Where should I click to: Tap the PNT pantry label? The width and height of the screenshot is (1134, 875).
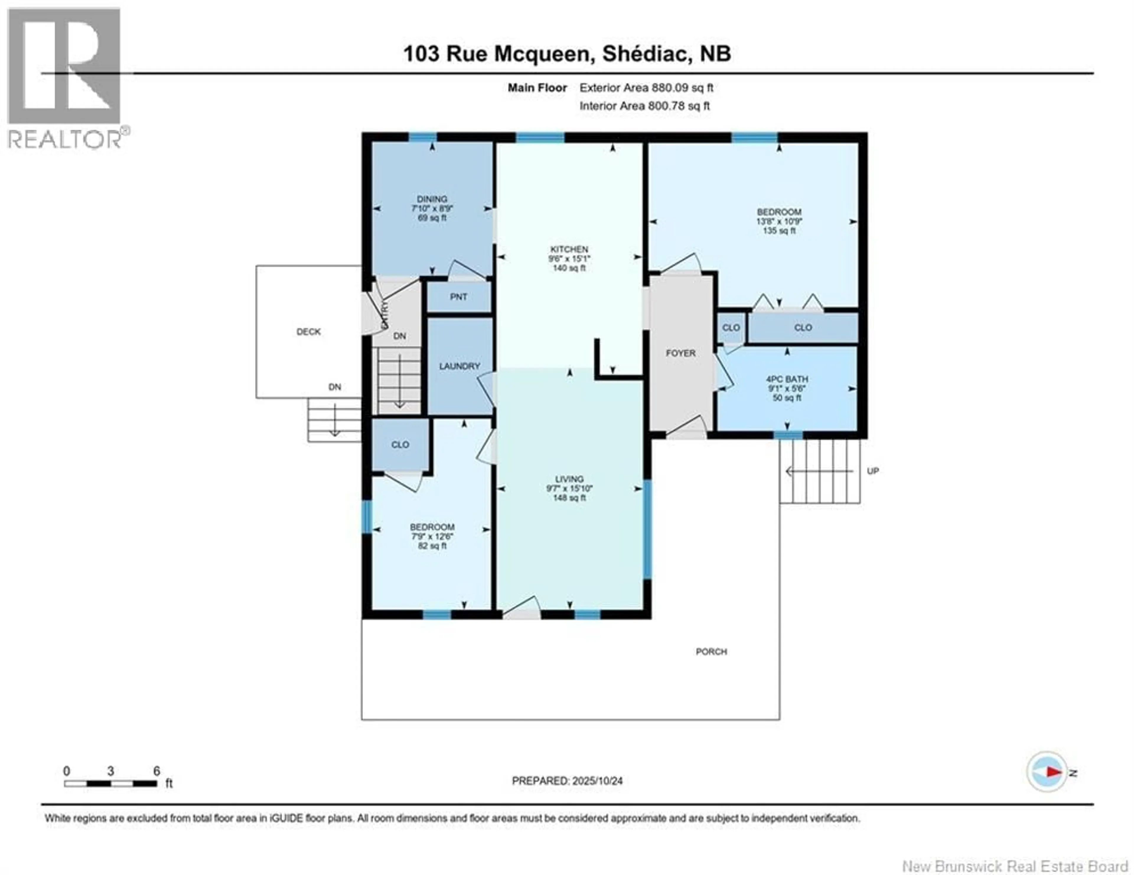tap(459, 297)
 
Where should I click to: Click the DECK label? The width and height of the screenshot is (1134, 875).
tap(308, 332)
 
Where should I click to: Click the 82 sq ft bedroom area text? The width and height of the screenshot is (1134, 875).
tap(432, 546)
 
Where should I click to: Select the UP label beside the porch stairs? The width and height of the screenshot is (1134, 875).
tap(873, 471)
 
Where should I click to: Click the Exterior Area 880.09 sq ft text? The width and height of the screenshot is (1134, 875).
tap(646, 88)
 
